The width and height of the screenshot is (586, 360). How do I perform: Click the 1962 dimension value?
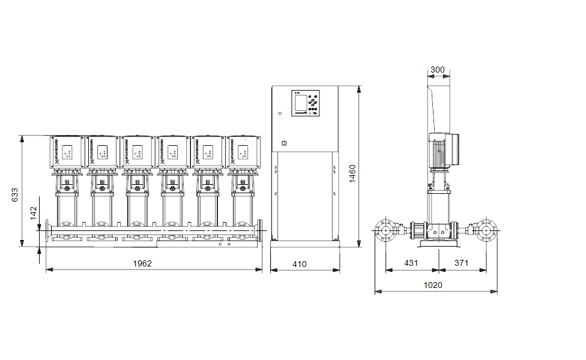pyautogui.click(x=142, y=263)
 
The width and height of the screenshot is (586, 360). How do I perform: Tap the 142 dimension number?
pyautogui.click(x=34, y=212)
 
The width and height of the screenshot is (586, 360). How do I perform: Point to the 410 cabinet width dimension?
pyautogui.click(x=299, y=263)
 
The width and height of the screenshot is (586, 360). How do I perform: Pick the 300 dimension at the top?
pyautogui.click(x=438, y=70)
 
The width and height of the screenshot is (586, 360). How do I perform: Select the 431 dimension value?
pyautogui.click(x=411, y=263)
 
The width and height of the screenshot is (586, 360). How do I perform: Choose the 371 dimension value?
pyautogui.click(x=461, y=263)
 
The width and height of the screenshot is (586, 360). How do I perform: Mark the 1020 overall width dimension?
pyautogui.click(x=432, y=285)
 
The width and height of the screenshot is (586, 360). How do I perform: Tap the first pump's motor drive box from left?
pyautogui.click(x=66, y=152)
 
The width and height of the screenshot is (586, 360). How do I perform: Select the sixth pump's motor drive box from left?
pyautogui.click(x=243, y=152)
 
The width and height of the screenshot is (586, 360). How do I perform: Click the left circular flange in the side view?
pyautogui.click(x=384, y=230)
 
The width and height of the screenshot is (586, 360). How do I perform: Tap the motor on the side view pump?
pyautogui.click(x=444, y=149)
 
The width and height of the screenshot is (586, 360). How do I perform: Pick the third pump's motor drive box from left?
pyautogui.click(x=137, y=152)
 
